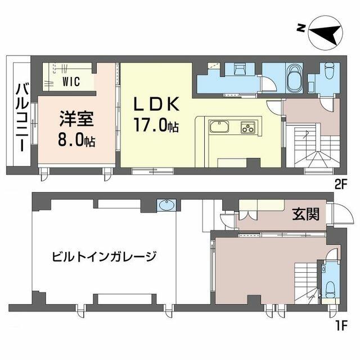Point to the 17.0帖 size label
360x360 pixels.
click(156, 125)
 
